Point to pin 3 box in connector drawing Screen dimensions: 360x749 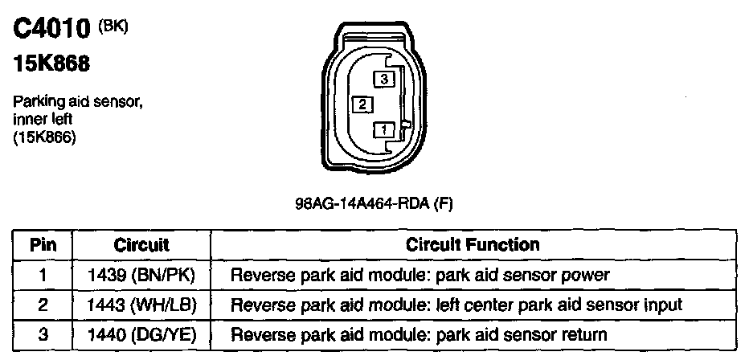[385, 79]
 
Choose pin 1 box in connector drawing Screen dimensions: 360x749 [385, 129]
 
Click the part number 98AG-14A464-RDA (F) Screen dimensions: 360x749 [374, 204]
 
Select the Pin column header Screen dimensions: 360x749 [43, 244]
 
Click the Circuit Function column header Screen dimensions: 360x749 [473, 244]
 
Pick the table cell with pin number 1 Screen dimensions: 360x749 [43, 275]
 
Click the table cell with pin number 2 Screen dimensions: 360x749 [43, 305]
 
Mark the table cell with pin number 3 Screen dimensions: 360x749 [43, 333]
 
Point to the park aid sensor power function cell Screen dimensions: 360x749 [420, 275]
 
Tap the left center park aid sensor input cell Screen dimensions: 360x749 [456, 305]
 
